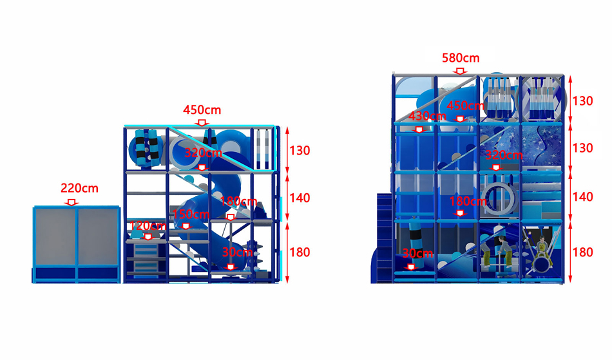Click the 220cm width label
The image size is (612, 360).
click(x=79, y=189)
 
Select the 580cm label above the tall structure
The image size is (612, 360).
click(x=461, y=58)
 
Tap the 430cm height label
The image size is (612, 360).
click(x=427, y=116)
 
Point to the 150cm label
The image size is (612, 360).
click(x=191, y=214)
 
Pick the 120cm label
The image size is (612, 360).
click(x=148, y=226)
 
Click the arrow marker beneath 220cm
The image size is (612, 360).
click(x=72, y=202)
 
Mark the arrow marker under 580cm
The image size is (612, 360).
click(x=461, y=71)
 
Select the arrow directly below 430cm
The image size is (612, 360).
click(x=419, y=129)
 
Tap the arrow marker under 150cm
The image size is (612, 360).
click(x=186, y=226)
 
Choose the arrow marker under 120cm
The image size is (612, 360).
click(x=148, y=237)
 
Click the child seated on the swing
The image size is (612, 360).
click(x=541, y=247)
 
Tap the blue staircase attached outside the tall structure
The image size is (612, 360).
click(x=385, y=237)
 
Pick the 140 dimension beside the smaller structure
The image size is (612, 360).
click(x=300, y=198)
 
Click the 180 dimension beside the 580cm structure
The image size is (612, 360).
click(x=582, y=252)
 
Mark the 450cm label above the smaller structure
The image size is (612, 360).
click(x=202, y=110)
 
